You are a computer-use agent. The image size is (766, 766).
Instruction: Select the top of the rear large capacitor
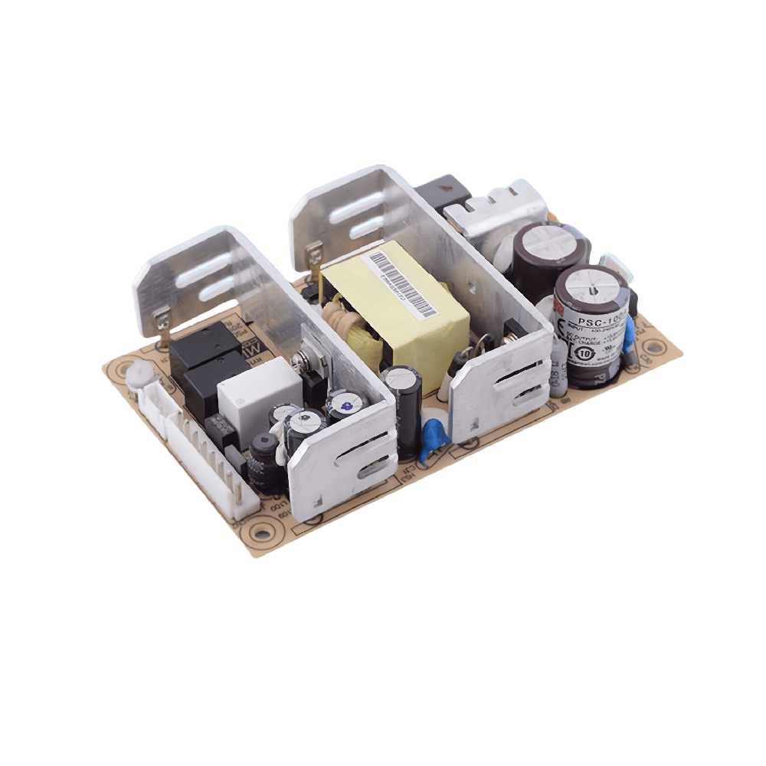(x=548, y=241)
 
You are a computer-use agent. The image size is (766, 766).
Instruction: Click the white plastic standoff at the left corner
(x=138, y=375)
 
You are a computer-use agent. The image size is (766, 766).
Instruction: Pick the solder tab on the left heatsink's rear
(x=162, y=321)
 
